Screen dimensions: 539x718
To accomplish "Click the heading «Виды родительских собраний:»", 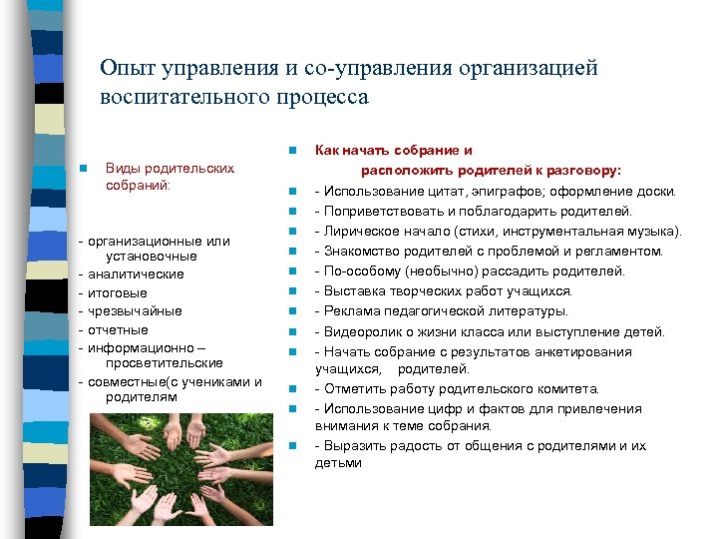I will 170,177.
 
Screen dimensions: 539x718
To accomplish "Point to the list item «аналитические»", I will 136,273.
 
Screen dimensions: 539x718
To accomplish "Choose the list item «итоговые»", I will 118,292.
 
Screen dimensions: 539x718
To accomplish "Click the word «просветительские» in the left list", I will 167,363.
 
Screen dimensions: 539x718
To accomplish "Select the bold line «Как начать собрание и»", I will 394,151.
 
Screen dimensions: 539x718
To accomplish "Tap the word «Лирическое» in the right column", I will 359,232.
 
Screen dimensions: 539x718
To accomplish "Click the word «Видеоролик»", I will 361,331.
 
